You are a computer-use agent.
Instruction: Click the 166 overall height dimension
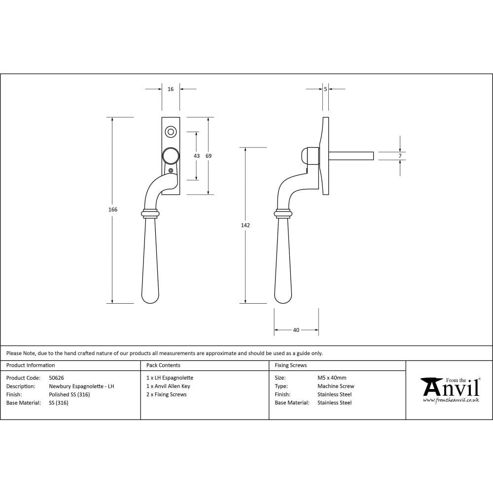point(113,210)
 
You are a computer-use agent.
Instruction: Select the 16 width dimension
point(171,89)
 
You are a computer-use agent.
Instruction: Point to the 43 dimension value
point(197,156)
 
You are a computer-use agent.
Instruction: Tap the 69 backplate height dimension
point(209,156)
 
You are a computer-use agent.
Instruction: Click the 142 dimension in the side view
point(246,225)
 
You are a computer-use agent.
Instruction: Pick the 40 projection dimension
point(296,330)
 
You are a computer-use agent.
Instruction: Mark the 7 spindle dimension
point(400,156)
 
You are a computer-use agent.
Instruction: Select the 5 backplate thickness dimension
point(325,89)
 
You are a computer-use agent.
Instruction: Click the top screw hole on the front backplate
point(171,132)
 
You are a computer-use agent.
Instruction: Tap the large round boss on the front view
point(171,156)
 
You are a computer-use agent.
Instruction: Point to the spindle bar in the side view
point(351,156)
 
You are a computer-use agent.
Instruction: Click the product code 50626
point(57,378)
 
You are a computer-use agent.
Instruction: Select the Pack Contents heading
point(163,365)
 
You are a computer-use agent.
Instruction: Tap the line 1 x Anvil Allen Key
point(168,387)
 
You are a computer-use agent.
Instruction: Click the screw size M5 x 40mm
point(332,378)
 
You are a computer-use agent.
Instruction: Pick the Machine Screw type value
point(336,387)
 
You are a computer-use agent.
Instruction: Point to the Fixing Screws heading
point(291,365)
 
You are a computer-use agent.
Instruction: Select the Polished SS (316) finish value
point(70,394)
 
